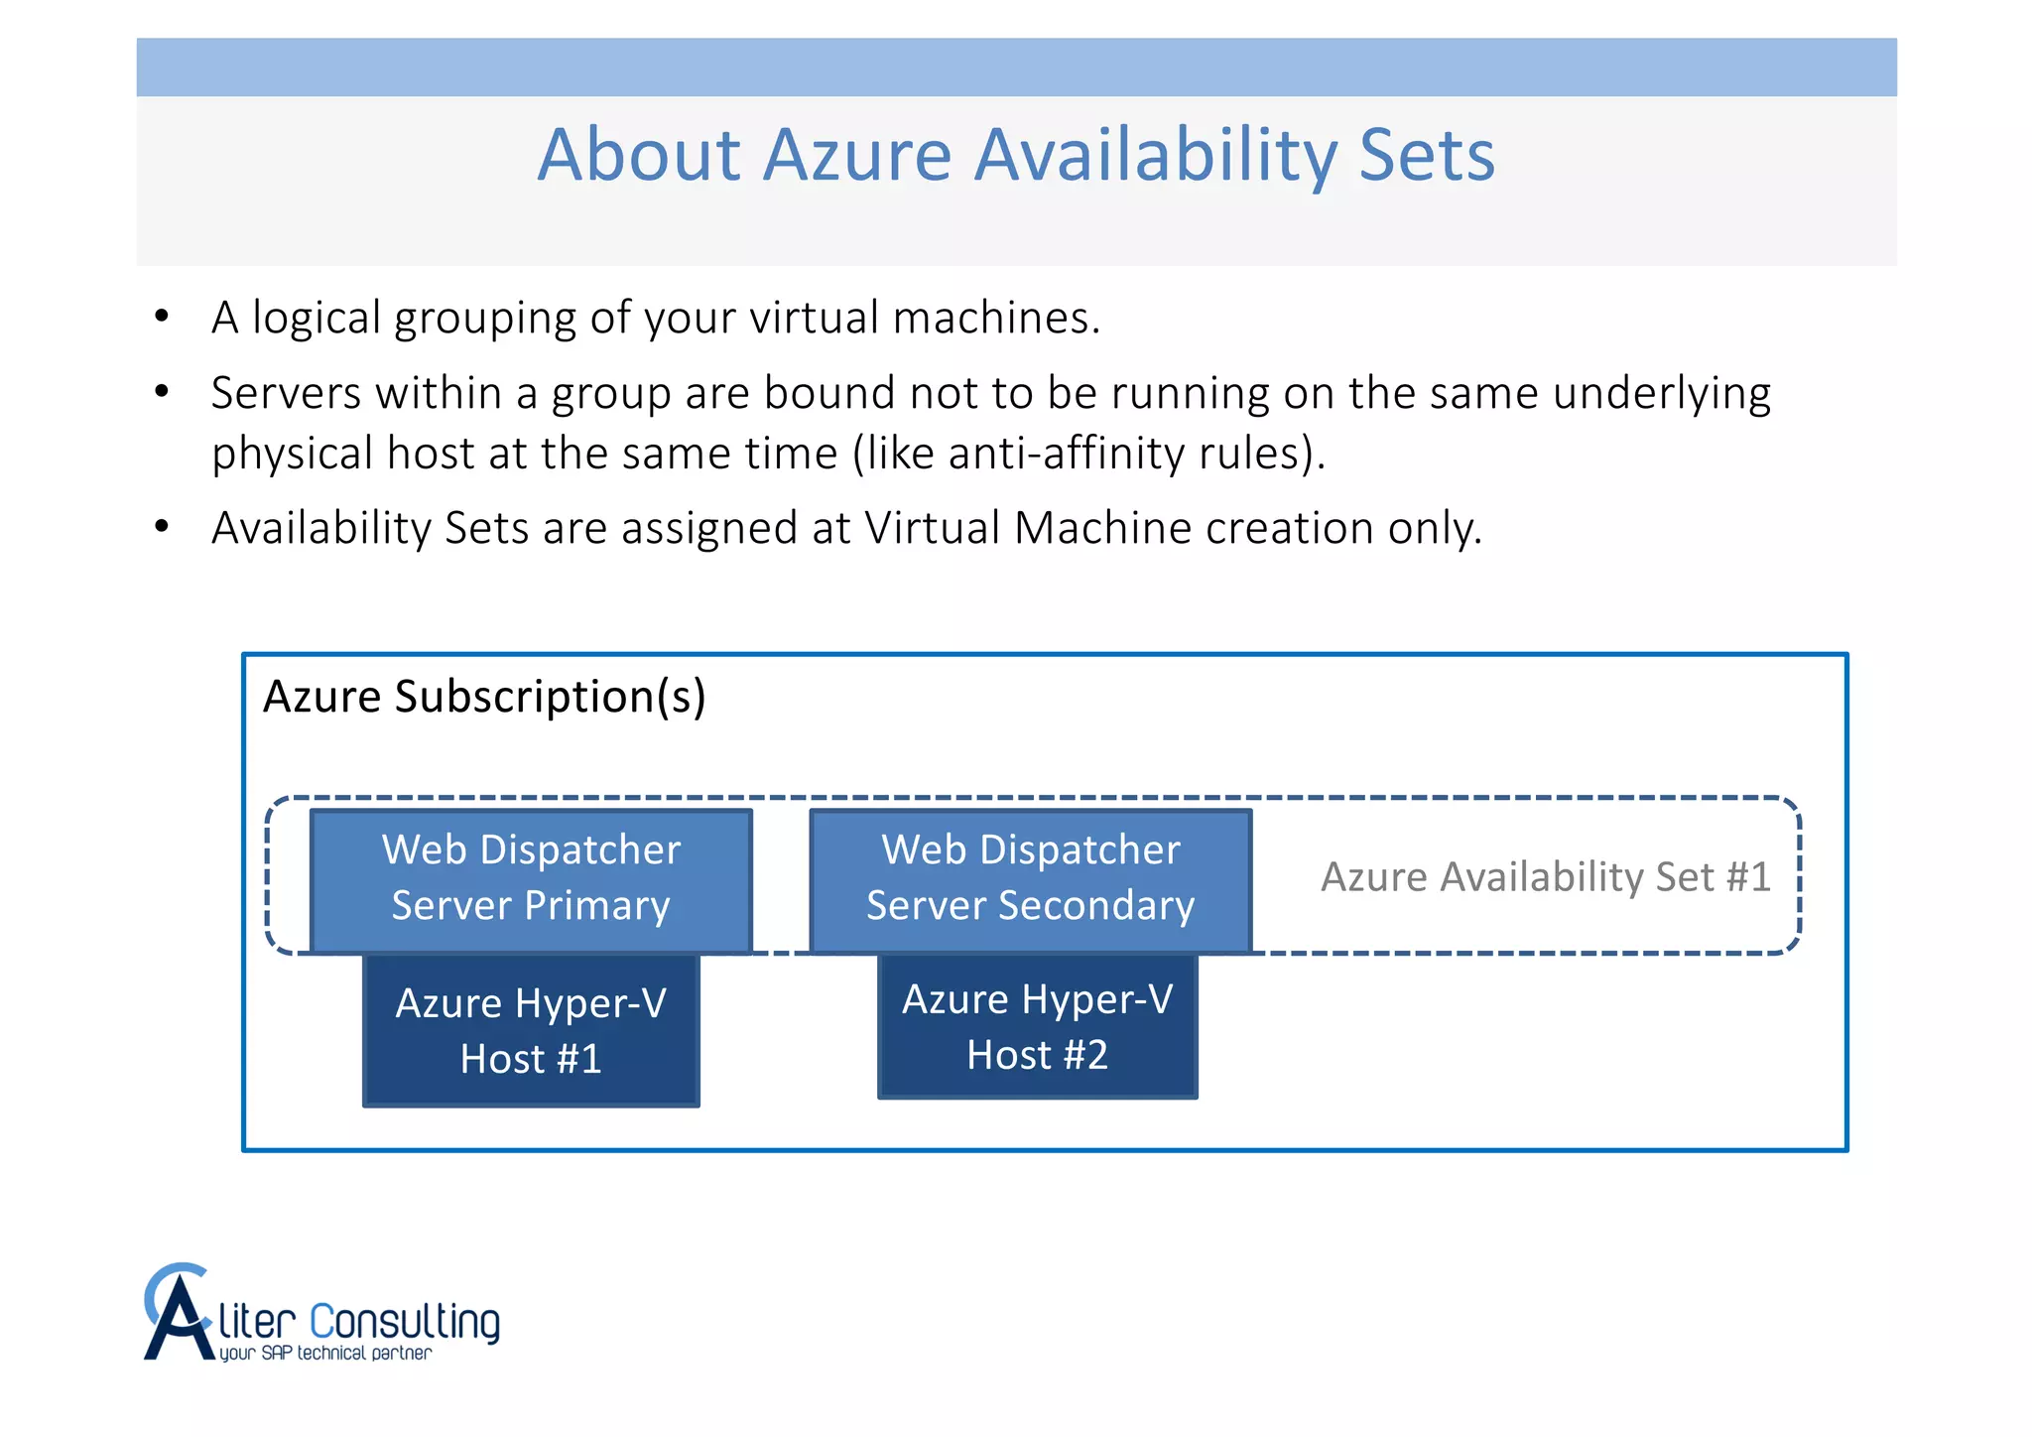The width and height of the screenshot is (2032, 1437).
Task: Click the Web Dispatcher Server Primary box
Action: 531,879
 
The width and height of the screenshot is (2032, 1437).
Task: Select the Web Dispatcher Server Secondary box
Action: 1030,879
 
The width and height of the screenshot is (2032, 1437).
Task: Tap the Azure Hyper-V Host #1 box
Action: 531,1031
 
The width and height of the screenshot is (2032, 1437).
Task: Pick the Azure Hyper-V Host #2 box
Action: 1037,1027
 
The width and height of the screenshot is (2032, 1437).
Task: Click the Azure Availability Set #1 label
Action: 1545,877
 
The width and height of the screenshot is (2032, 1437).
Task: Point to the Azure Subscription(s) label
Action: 484,697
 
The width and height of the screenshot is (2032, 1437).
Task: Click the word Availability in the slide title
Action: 1155,156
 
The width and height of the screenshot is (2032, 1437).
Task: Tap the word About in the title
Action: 639,156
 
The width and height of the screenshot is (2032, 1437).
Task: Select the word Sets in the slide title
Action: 1426,156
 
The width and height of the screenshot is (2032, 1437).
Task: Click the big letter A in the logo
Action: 178,1320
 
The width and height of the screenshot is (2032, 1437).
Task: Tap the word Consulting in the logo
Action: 405,1323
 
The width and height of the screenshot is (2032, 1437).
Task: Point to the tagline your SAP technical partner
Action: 325,1354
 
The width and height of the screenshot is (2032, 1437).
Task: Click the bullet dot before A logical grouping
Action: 162,317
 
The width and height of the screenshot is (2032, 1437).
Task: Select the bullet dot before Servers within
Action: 162,392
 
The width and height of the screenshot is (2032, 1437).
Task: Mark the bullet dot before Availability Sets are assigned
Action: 162,527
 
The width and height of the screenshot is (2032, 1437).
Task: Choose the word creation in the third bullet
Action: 1289,528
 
